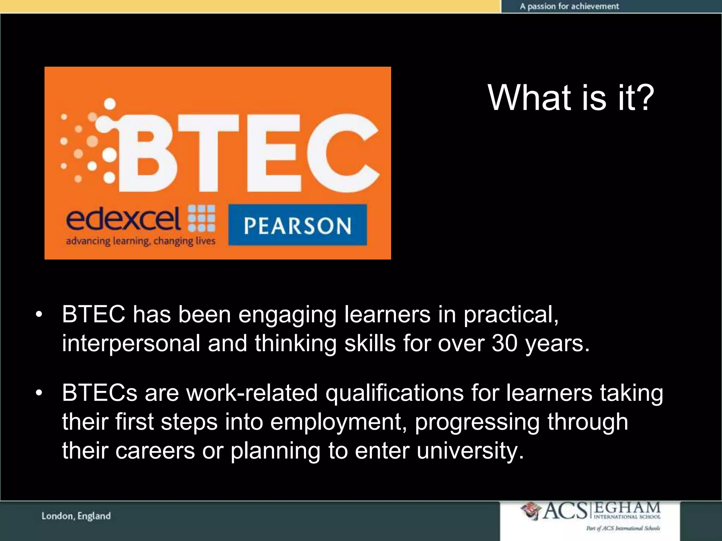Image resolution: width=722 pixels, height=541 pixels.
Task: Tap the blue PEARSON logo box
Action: [298, 225]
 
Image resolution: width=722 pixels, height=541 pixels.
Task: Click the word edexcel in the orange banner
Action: [123, 219]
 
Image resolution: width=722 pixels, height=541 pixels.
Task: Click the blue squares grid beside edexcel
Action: [202, 218]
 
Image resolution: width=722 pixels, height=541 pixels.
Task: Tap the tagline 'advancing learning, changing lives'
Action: [140, 241]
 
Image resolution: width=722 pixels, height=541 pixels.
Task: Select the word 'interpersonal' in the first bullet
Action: [131, 344]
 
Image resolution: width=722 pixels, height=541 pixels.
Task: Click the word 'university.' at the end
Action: [470, 451]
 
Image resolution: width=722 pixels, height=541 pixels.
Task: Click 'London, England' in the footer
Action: [76, 516]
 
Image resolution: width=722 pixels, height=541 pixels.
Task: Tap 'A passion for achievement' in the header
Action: [569, 6]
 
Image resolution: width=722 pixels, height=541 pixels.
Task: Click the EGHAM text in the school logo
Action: [627, 508]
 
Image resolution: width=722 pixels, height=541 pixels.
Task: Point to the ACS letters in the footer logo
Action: [565, 511]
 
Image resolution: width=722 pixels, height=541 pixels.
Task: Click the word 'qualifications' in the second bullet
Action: [394, 393]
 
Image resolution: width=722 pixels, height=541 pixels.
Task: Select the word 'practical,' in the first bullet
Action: [511, 315]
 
